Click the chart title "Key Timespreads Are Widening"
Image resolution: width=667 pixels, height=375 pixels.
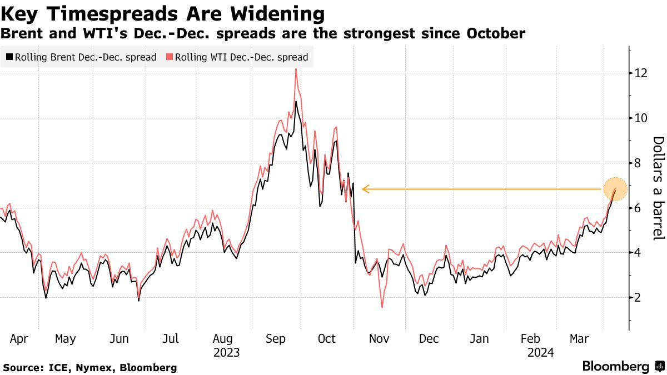[x=163, y=13]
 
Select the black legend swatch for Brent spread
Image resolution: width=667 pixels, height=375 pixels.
[x=9, y=57]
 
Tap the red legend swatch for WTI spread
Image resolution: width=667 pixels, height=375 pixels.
[x=170, y=57]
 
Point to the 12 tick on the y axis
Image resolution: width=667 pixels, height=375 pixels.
[x=641, y=73]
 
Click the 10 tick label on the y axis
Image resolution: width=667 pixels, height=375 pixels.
[x=641, y=118]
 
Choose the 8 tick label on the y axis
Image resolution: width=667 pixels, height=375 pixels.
[x=641, y=163]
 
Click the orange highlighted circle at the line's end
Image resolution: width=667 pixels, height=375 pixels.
[x=615, y=189]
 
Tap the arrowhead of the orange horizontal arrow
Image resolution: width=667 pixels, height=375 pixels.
[x=365, y=189]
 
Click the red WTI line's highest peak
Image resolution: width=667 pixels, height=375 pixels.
[x=296, y=68]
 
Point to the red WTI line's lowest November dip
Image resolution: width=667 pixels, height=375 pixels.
[x=382, y=307]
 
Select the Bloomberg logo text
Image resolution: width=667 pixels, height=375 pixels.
[x=615, y=367]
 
